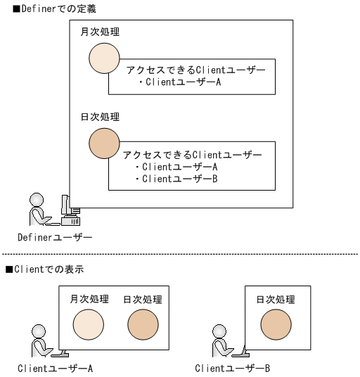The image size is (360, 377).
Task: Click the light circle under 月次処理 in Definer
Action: click(x=104, y=59)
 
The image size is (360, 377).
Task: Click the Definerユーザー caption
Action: click(x=55, y=237)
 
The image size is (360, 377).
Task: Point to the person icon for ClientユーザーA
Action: click(x=41, y=338)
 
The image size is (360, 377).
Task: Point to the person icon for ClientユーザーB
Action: click(x=220, y=338)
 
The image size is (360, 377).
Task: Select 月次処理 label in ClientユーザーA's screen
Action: click(x=89, y=300)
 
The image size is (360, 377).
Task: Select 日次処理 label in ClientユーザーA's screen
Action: click(x=142, y=300)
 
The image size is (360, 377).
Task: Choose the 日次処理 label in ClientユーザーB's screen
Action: click(x=276, y=300)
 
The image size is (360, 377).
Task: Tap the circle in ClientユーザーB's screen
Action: click(x=276, y=326)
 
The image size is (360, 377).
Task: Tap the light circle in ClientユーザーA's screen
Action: click(x=89, y=326)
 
